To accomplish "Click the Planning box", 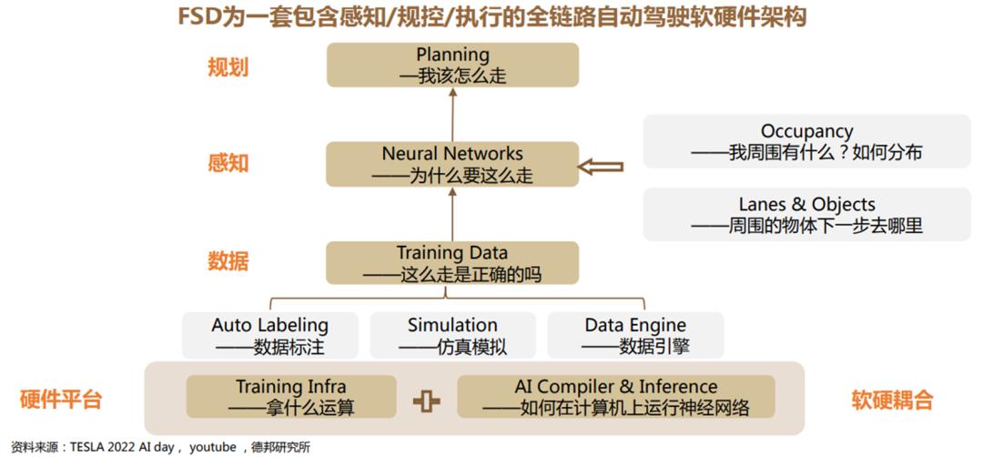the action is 452,65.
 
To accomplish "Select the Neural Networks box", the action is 452,164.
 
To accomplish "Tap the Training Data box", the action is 452,263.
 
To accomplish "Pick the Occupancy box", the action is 806,141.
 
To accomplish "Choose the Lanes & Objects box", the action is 806,215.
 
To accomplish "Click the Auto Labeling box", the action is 270,335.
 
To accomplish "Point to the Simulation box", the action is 452,335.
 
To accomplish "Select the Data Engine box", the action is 635,335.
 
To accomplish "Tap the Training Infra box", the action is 291,397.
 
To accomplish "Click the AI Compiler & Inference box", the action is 616,397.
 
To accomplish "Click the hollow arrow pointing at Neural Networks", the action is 600,167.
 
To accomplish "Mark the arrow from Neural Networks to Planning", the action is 452,115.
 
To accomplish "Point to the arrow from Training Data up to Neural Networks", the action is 452,214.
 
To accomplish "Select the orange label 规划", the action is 228,67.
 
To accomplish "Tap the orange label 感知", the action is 228,163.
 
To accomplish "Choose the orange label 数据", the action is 228,261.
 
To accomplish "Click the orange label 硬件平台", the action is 61,400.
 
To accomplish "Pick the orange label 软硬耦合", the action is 892,400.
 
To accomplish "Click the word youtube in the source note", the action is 213,448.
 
